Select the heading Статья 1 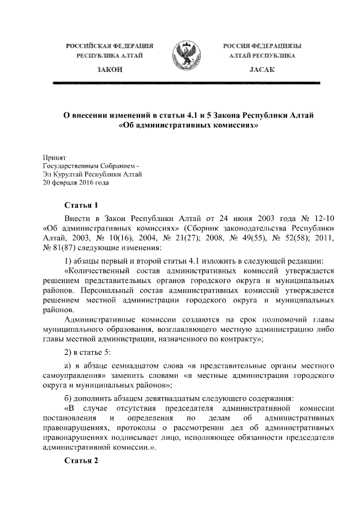click(82, 205)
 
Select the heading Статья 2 click(82, 460)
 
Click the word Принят click(55, 158)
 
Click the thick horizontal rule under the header click(186, 83)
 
